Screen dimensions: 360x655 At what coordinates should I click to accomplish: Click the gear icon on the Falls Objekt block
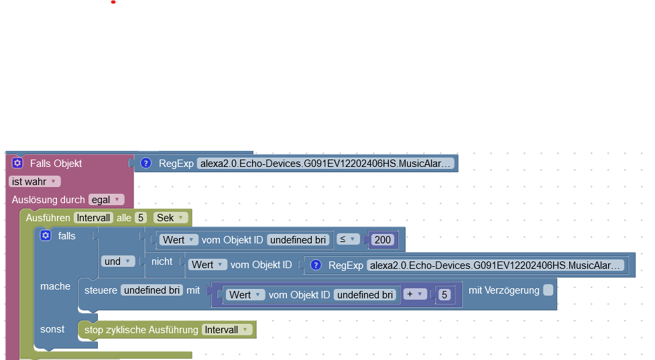[x=17, y=163]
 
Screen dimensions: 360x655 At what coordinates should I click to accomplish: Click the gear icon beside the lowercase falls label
[x=46, y=235]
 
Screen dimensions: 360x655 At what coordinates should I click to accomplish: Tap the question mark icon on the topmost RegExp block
[x=145, y=164]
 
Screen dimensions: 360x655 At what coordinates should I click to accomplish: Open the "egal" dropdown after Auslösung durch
[x=107, y=200]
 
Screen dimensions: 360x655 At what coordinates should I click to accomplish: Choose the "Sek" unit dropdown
[x=170, y=218]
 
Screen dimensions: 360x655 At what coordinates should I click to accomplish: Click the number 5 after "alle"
[x=141, y=218]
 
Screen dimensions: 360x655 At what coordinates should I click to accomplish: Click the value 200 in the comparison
[x=383, y=240]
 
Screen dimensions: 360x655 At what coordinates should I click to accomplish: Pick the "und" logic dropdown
[x=117, y=261]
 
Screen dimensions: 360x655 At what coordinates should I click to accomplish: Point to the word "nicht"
[x=162, y=261]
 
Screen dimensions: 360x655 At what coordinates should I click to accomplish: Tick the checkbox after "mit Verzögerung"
[x=548, y=290]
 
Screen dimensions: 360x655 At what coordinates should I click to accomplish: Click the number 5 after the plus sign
[x=444, y=295]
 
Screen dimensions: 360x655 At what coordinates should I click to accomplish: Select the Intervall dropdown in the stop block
[x=227, y=330]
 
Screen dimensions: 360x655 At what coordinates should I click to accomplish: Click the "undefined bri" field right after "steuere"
[x=152, y=290]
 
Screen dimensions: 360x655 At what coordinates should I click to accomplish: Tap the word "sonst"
[x=52, y=329]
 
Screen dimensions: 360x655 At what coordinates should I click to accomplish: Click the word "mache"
[x=55, y=286]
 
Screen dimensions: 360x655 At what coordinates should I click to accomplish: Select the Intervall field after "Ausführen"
[x=93, y=218]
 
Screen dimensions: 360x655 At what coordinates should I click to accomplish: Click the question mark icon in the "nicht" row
[x=316, y=265]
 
